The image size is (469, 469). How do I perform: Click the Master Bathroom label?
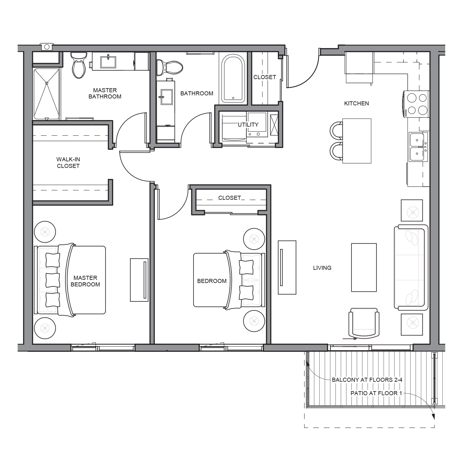[105, 93]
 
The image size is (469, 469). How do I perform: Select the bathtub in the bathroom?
[233, 78]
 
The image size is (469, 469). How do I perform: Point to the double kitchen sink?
[418, 146]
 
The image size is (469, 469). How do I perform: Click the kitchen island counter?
[357, 141]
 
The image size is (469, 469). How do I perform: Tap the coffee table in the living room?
[364, 268]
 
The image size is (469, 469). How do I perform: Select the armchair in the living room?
[364, 324]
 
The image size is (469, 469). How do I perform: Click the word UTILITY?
[248, 124]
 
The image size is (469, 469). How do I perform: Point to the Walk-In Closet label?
[68, 163]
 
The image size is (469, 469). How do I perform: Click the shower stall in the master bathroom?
[47, 93]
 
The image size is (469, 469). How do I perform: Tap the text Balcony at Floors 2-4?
[367, 380]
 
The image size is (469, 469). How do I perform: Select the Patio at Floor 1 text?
[376, 393]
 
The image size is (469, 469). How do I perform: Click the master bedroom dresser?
[139, 280]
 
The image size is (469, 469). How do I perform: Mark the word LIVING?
[322, 268]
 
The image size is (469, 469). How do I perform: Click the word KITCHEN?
[356, 103]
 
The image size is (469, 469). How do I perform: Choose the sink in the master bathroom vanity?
[108, 62]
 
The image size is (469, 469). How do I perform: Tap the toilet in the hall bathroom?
[169, 67]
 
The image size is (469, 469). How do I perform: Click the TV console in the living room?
[287, 267]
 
